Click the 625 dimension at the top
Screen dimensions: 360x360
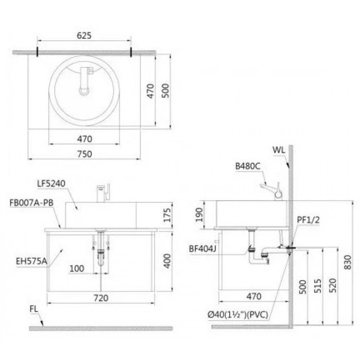[84, 36]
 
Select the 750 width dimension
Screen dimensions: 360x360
[85, 154]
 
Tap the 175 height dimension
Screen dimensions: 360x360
[167, 215]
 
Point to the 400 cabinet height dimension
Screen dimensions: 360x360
[167, 261]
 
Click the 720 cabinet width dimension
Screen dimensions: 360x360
[101, 298]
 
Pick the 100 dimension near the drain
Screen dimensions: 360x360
[77, 269]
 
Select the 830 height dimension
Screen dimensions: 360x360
[348, 262]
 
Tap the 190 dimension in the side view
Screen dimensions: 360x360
[199, 215]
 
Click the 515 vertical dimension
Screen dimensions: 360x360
[318, 286]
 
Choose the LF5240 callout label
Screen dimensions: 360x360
[52, 183]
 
